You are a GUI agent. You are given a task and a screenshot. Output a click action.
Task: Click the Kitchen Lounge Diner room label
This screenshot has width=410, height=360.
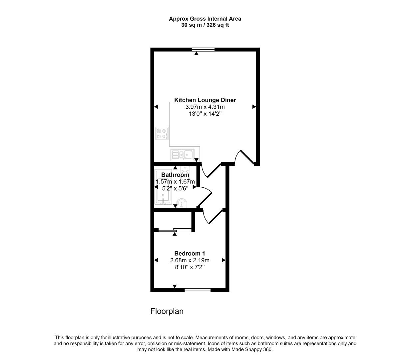[x=205, y=100]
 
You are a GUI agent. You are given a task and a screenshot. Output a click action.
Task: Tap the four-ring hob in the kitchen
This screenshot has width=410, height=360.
[x=162, y=134]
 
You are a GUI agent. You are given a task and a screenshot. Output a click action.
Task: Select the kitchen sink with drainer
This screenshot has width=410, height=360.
[x=182, y=155]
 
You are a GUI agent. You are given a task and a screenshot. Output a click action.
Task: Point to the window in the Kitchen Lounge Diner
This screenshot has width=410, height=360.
[x=203, y=50]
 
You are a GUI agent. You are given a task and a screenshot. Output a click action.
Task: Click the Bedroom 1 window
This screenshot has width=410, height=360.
[x=198, y=290]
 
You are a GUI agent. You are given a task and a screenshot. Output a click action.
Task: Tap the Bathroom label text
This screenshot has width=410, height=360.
[x=175, y=175]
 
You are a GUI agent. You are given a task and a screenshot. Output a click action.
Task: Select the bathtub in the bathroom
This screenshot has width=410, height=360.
[x=163, y=187]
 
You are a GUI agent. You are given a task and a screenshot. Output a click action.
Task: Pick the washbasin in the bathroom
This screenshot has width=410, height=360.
[x=182, y=202]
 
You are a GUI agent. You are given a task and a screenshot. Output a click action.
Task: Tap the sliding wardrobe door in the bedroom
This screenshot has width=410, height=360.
[x=175, y=229]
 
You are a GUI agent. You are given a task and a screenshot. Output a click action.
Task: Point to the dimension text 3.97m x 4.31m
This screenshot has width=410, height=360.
[x=205, y=107]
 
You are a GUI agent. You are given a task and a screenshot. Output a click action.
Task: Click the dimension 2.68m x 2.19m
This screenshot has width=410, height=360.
[x=190, y=260]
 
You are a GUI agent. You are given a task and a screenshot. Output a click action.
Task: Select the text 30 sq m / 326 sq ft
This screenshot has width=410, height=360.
[x=205, y=25]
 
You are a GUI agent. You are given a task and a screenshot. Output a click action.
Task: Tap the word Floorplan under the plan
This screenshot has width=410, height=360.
[x=167, y=311]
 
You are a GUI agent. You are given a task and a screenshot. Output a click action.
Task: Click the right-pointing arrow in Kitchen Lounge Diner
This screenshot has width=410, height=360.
[x=254, y=107]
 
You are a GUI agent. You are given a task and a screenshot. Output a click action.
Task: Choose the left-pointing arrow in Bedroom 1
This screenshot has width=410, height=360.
[x=156, y=260]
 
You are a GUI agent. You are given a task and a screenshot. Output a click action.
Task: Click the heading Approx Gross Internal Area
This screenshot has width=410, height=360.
[x=205, y=19]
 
